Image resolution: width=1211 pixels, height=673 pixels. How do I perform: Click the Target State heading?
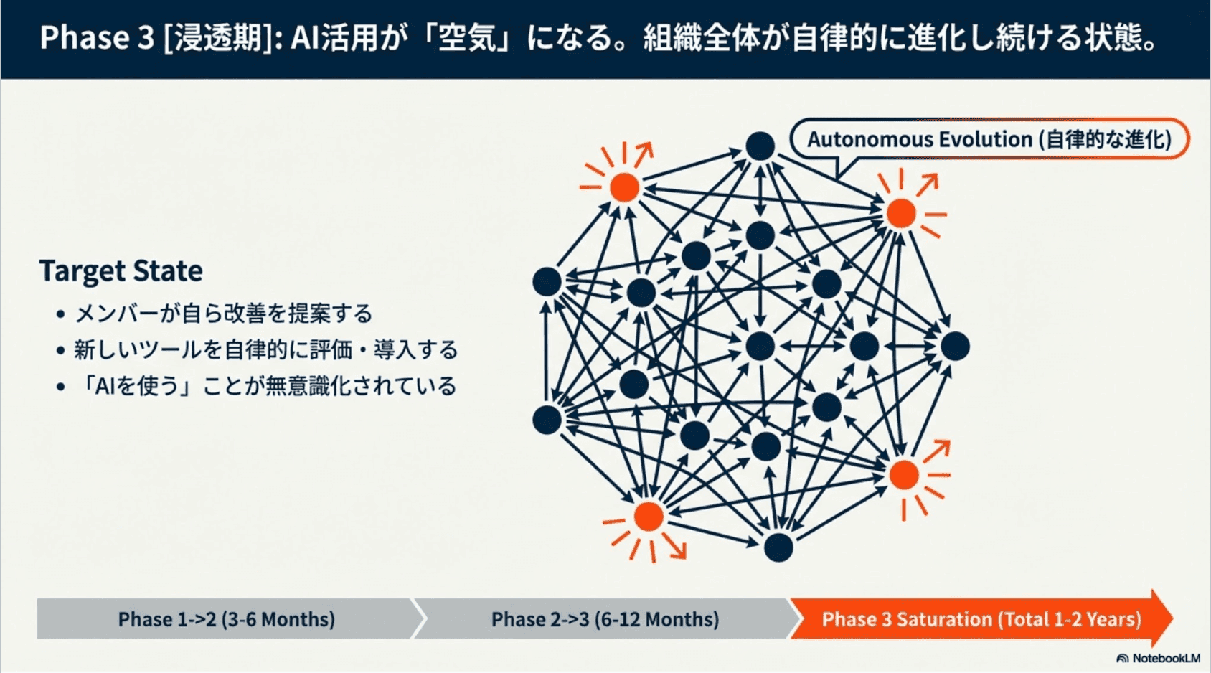tap(121, 271)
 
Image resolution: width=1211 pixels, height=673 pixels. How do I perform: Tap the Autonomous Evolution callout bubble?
tap(989, 138)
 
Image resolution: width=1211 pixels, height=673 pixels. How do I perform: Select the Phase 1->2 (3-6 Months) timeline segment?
tap(226, 618)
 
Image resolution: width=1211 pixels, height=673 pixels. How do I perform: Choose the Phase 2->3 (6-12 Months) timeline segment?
tap(604, 618)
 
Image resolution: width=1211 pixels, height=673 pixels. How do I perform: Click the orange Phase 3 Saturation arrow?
tap(980, 618)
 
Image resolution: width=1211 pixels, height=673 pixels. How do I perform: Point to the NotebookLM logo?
tap(1158, 658)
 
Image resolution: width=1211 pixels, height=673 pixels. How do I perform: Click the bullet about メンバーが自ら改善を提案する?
tap(223, 314)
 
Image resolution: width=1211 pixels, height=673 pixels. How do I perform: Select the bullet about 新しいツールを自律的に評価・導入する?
tap(265, 350)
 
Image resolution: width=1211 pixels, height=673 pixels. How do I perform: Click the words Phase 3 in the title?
tap(97, 37)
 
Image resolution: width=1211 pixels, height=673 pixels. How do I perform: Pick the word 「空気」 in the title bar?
tap(467, 37)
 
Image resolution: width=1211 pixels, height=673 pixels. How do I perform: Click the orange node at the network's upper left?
tap(624, 187)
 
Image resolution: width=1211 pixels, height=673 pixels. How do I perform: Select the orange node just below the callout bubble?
tap(901, 213)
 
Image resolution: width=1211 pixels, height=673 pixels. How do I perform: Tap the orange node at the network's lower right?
tap(904, 475)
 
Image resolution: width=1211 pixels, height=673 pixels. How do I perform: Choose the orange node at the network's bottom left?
tap(649, 516)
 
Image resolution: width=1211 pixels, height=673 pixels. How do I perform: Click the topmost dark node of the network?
tap(760, 146)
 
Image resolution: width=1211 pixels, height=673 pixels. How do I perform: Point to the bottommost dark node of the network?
tap(778, 547)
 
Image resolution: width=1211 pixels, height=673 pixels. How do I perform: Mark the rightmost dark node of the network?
tap(955, 346)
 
